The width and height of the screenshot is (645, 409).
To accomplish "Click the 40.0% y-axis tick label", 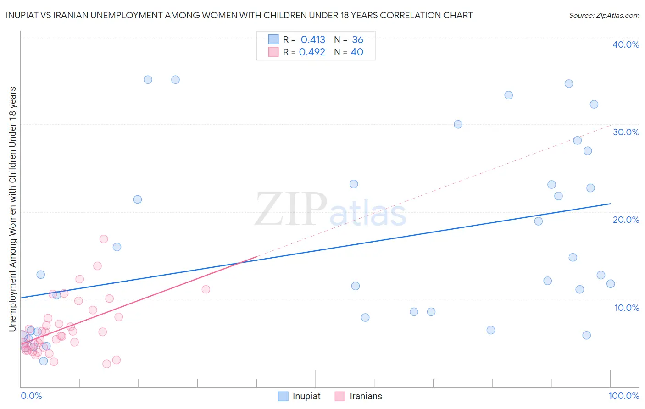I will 626,44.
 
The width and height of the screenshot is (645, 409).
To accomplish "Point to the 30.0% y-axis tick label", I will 626,132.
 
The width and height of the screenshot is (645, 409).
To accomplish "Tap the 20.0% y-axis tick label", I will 626,220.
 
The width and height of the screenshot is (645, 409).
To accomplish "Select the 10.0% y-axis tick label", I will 627,308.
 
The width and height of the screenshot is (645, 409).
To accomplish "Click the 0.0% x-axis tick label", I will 31,396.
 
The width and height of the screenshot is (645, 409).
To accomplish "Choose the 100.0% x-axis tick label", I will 623,396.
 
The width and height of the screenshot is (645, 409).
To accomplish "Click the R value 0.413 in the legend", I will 313,40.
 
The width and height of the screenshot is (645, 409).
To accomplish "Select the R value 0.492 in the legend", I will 312,52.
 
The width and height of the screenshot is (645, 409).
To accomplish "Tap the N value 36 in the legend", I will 357,40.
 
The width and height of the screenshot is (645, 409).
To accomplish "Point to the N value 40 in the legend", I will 357,52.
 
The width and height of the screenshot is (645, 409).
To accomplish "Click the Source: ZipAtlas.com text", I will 604,16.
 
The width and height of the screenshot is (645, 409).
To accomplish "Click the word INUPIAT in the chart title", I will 23,15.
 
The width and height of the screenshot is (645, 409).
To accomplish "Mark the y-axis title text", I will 12,209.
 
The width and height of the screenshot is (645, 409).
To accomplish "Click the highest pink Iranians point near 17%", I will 104,239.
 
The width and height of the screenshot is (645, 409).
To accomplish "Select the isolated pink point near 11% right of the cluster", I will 206,289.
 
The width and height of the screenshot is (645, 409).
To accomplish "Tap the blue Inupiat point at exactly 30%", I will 458,124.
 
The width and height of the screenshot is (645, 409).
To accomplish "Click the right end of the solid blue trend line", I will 610,204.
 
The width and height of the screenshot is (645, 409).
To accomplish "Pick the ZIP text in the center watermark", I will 291,210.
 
